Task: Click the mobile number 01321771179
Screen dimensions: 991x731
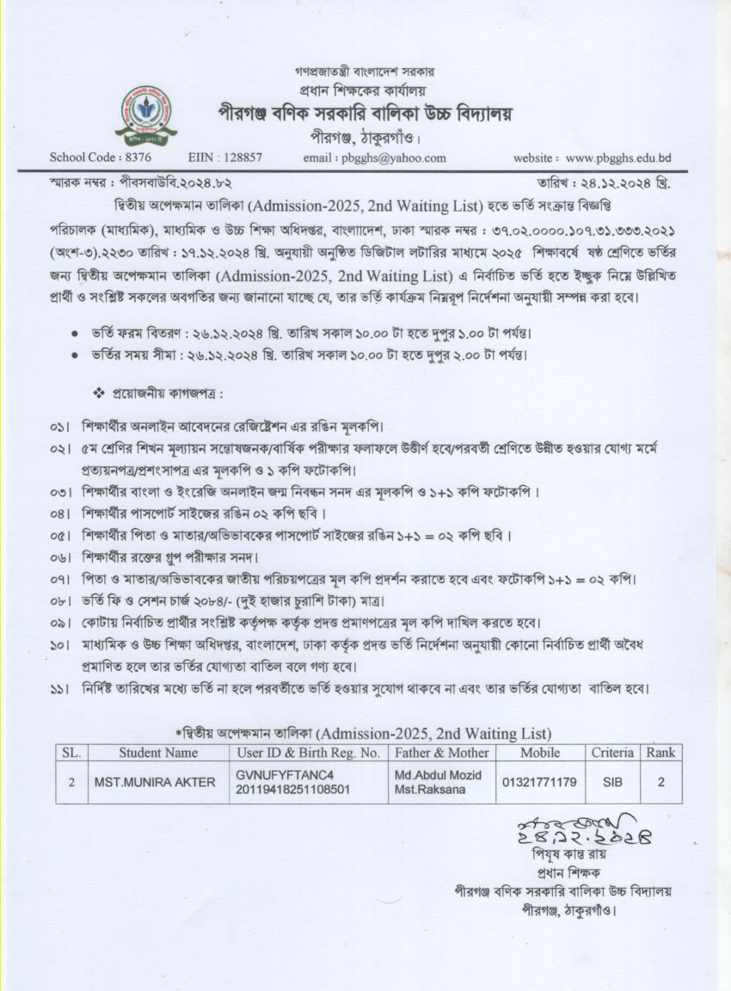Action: (538, 782)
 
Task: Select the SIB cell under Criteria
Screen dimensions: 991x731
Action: (611, 782)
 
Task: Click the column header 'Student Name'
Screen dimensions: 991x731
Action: (157, 753)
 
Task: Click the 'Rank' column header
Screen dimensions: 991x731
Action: (660, 753)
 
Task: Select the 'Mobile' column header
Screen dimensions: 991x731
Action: (539, 753)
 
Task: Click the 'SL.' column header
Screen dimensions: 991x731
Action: (71, 753)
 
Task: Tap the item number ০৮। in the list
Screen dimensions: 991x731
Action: (59, 600)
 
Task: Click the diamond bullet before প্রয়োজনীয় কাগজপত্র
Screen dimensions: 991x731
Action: (97, 393)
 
